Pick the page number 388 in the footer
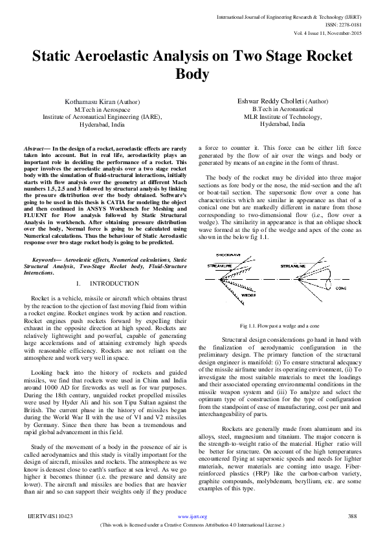click(x=353, y=517)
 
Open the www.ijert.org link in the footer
click(x=192, y=517)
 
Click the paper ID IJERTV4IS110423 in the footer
click(x=50, y=517)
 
